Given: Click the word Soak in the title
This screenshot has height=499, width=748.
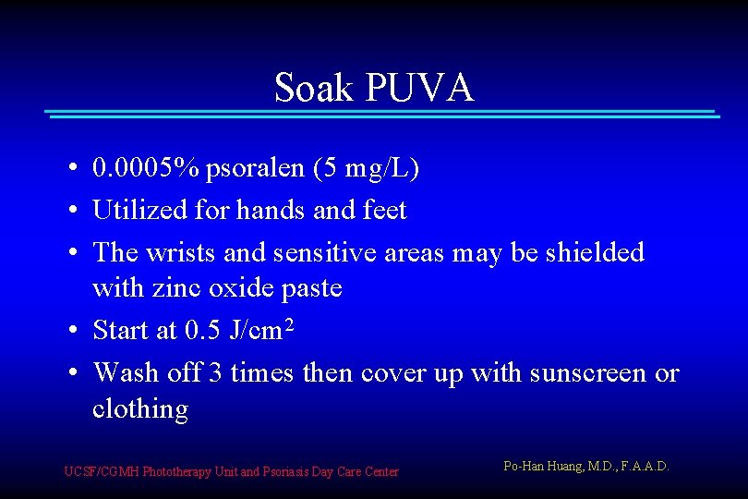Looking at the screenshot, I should point(315,88).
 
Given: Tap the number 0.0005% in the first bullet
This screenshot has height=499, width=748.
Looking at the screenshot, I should point(146,168).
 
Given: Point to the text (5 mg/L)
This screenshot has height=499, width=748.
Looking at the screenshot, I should point(367,169).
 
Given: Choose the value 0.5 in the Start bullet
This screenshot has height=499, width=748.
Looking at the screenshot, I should point(202,330).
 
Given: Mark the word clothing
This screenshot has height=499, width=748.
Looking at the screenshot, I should point(139,409).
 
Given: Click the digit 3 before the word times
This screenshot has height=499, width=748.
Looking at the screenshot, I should point(215,372).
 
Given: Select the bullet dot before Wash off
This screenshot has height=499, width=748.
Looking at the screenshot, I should point(72,373).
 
